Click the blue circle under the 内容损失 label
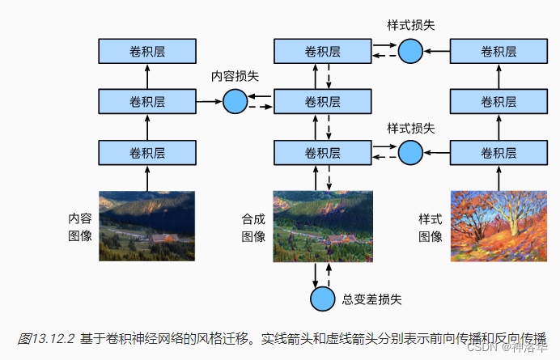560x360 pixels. pyautogui.click(x=235, y=101)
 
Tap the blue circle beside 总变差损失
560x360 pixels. pyautogui.click(x=322, y=299)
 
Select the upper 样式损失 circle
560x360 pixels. pyautogui.click(x=411, y=52)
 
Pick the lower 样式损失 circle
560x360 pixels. pyautogui.click(x=411, y=151)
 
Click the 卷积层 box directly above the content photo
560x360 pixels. pyautogui.click(x=147, y=152)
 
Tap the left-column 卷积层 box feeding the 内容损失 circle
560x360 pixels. pyautogui.click(x=147, y=102)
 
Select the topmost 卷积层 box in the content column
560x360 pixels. pyautogui.click(x=147, y=52)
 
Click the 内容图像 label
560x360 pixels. pyautogui.click(x=79, y=227)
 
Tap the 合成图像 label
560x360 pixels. pyautogui.click(x=253, y=227)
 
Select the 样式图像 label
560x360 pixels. pyautogui.click(x=431, y=227)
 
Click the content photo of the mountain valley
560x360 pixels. pyautogui.click(x=147, y=226)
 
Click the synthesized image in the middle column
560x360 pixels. pyautogui.click(x=323, y=226)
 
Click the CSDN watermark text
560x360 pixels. pyautogui.click(x=482, y=347)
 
